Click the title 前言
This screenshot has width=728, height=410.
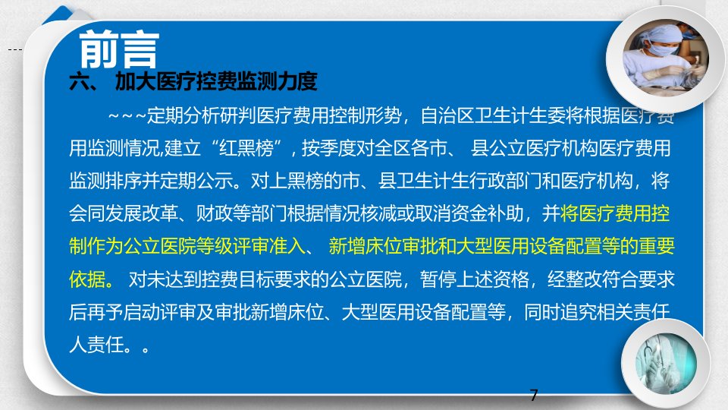click(119, 49)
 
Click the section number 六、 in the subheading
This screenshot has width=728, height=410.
click(83, 82)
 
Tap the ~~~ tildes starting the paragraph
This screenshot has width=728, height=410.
click(127, 115)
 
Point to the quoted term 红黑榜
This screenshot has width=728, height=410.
click(246, 148)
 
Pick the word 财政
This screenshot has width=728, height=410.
click(214, 214)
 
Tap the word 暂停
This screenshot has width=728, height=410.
click(438, 279)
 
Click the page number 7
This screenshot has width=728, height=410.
click(534, 395)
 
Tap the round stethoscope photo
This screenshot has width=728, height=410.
click(666, 363)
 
